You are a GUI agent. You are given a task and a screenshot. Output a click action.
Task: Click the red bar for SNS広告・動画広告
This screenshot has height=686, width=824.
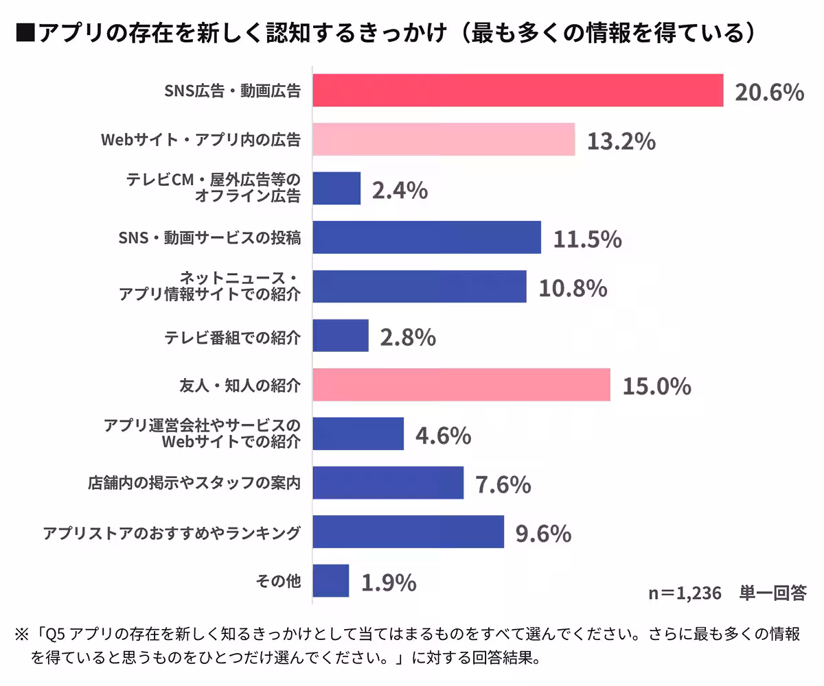click(518, 91)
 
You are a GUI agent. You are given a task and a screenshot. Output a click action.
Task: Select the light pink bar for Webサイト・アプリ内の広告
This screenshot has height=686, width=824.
click(444, 140)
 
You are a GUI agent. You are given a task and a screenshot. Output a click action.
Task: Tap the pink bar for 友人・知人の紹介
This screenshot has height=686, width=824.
click(461, 385)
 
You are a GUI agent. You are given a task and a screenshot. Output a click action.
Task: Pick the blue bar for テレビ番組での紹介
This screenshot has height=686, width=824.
click(341, 336)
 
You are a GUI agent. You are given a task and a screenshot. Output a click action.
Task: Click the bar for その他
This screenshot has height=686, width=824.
click(331, 581)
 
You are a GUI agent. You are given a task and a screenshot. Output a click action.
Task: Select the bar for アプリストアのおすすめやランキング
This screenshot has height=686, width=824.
click(408, 532)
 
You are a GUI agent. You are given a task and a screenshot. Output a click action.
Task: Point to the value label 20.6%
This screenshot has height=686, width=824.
click(769, 91)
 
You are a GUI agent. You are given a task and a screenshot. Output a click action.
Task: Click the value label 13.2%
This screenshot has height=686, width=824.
click(621, 141)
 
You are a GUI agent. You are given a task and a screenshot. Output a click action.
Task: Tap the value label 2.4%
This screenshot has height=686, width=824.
click(400, 190)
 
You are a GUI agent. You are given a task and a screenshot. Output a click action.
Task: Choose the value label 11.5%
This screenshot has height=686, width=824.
click(587, 239)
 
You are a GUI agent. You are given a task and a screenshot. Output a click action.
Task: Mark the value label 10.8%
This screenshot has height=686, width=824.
click(573, 287)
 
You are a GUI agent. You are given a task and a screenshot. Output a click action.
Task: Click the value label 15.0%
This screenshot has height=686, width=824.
click(656, 386)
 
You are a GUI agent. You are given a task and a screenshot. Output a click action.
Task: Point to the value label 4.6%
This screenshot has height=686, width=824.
click(443, 435)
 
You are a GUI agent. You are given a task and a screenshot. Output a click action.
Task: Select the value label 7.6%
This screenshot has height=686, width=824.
click(503, 484)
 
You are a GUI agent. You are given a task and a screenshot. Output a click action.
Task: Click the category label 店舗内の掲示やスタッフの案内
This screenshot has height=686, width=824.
click(194, 484)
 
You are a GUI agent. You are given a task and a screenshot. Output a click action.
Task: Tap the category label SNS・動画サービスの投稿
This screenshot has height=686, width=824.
click(209, 238)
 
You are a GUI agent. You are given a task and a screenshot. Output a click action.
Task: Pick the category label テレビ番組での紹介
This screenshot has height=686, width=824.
click(233, 336)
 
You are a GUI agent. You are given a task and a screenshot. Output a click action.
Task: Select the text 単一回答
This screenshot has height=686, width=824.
click(772, 593)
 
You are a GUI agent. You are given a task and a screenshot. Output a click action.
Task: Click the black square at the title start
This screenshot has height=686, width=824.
click(25, 32)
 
